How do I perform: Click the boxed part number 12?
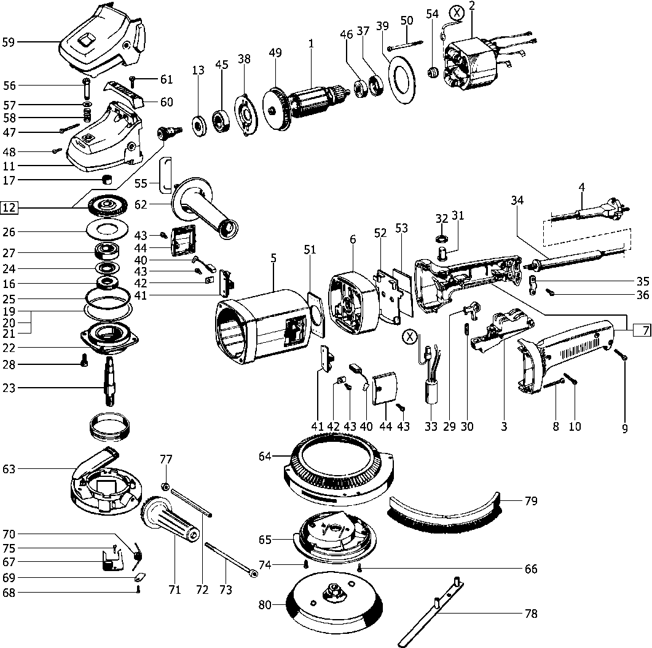click(x=9, y=207)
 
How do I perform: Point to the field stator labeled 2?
click(x=472, y=60)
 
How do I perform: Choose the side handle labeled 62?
click(x=203, y=207)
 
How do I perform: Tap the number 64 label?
click(x=265, y=456)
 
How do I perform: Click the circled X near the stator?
click(x=457, y=12)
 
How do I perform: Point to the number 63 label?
click(x=9, y=469)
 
